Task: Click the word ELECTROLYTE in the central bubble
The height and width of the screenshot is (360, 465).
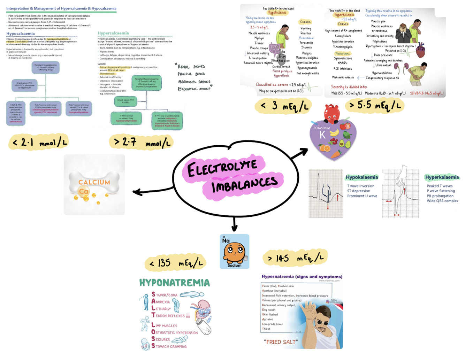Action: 222,168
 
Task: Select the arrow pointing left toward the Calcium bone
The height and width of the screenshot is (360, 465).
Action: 153,191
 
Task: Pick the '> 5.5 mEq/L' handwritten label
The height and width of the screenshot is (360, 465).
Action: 375,105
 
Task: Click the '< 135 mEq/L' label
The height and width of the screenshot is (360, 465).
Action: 176,263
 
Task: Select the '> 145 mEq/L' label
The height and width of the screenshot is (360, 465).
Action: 295,258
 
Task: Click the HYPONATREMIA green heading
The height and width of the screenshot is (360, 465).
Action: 174,283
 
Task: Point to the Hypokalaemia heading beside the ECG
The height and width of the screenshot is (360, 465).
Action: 361,177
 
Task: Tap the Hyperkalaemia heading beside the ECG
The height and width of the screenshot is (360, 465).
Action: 442,177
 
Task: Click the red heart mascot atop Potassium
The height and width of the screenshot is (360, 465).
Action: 331,113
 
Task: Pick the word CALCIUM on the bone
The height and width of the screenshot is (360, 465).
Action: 94,182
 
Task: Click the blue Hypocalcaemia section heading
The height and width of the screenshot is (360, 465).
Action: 21,34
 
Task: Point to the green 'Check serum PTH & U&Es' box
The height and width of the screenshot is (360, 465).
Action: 125,101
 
